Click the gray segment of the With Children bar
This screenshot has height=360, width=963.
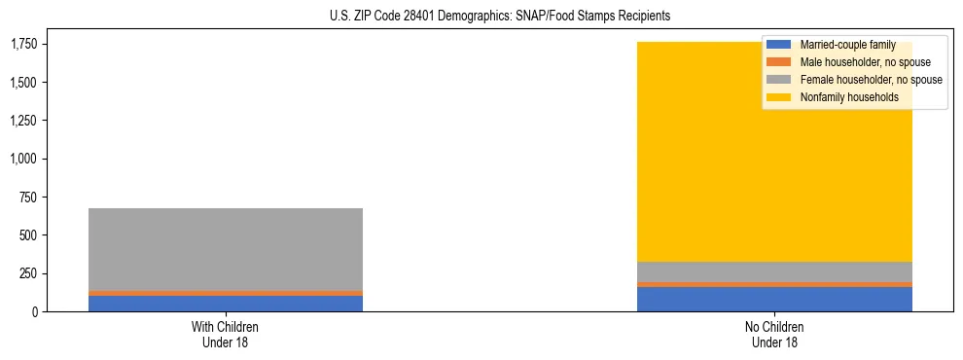click(226, 249)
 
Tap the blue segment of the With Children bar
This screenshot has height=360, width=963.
click(226, 304)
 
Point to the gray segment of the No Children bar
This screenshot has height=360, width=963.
click(774, 271)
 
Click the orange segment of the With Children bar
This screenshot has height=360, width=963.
click(226, 293)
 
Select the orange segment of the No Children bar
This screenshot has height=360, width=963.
click(774, 284)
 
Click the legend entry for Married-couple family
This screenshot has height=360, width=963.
click(844, 45)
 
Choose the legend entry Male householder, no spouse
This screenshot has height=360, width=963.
click(851, 62)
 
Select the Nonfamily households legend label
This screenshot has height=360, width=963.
click(841, 97)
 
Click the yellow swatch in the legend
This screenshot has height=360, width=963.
click(780, 97)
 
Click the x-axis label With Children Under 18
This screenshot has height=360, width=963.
click(226, 334)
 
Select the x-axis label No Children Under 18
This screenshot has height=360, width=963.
click(774, 334)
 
